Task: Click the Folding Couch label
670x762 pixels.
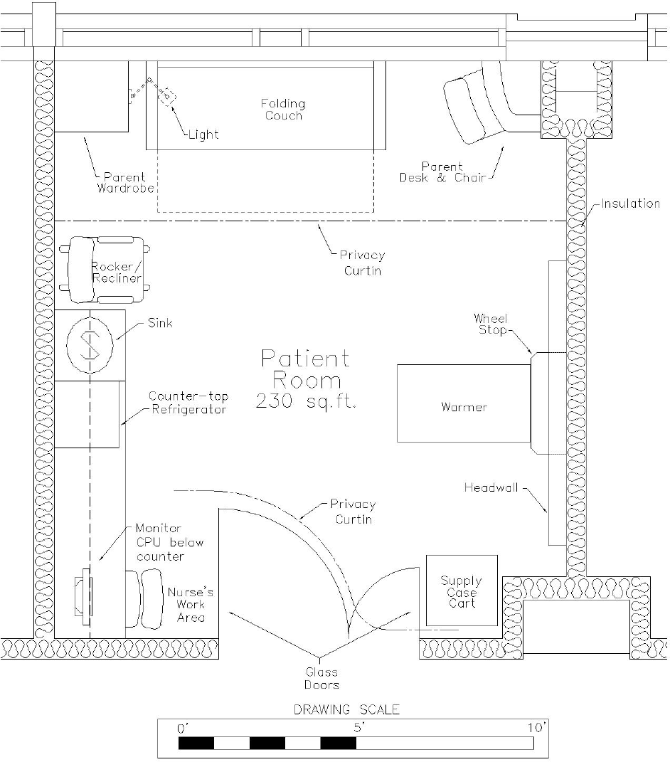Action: coord(283,110)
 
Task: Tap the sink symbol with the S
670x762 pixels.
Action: coord(90,345)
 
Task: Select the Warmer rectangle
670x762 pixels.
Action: coord(464,403)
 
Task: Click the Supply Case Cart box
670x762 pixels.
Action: coord(462,591)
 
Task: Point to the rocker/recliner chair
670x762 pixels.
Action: coord(105,270)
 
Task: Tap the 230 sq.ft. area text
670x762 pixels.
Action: coord(306,401)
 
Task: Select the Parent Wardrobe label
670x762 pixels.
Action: coord(125,183)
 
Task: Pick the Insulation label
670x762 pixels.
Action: coord(631,203)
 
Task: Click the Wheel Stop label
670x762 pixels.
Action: coord(491,324)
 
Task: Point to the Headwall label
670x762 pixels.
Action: coord(491,487)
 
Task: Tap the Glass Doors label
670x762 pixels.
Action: coord(321,679)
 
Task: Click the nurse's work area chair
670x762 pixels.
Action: coord(144,598)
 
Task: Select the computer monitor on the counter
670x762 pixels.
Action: coord(83,597)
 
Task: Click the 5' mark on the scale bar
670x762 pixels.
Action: coord(358,728)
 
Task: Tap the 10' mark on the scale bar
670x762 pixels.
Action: coord(537,728)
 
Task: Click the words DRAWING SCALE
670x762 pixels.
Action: coord(346,709)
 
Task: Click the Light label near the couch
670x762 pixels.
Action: coord(203,134)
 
